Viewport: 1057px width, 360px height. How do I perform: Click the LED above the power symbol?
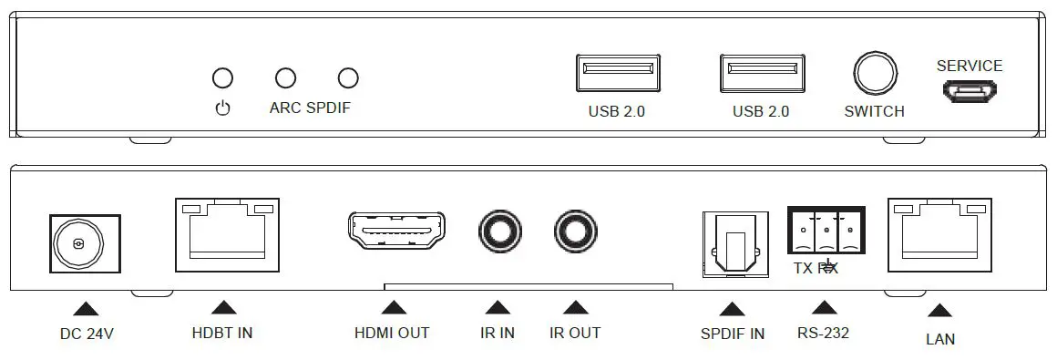pyautogui.click(x=222, y=77)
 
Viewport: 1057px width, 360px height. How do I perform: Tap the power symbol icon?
pyautogui.click(x=222, y=108)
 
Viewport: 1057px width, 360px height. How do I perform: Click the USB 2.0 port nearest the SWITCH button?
pyautogui.click(x=761, y=73)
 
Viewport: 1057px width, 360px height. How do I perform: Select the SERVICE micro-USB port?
pyautogui.click(x=970, y=91)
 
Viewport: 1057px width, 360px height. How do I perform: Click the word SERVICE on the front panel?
pyautogui.click(x=970, y=66)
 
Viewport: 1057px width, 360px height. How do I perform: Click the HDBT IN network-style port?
pyautogui.click(x=226, y=235)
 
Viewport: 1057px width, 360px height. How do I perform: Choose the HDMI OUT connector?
pyautogui.click(x=395, y=232)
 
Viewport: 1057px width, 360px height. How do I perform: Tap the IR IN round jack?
pyautogui.click(x=500, y=232)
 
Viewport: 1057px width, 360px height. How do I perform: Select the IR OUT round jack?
pyautogui.click(x=577, y=232)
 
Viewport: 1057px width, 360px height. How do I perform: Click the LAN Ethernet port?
pyautogui.click(x=939, y=235)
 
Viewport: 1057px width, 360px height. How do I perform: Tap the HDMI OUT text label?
pyautogui.click(x=392, y=333)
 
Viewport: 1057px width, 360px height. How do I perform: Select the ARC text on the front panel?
pyautogui.click(x=285, y=108)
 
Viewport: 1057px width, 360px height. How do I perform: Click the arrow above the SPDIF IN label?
pyautogui.click(x=731, y=308)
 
